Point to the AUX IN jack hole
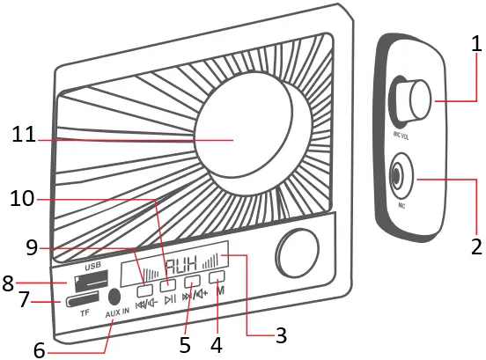(114, 298)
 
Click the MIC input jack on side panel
(400, 177)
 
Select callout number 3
(280, 335)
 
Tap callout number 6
(38, 349)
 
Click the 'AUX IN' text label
(118, 314)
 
